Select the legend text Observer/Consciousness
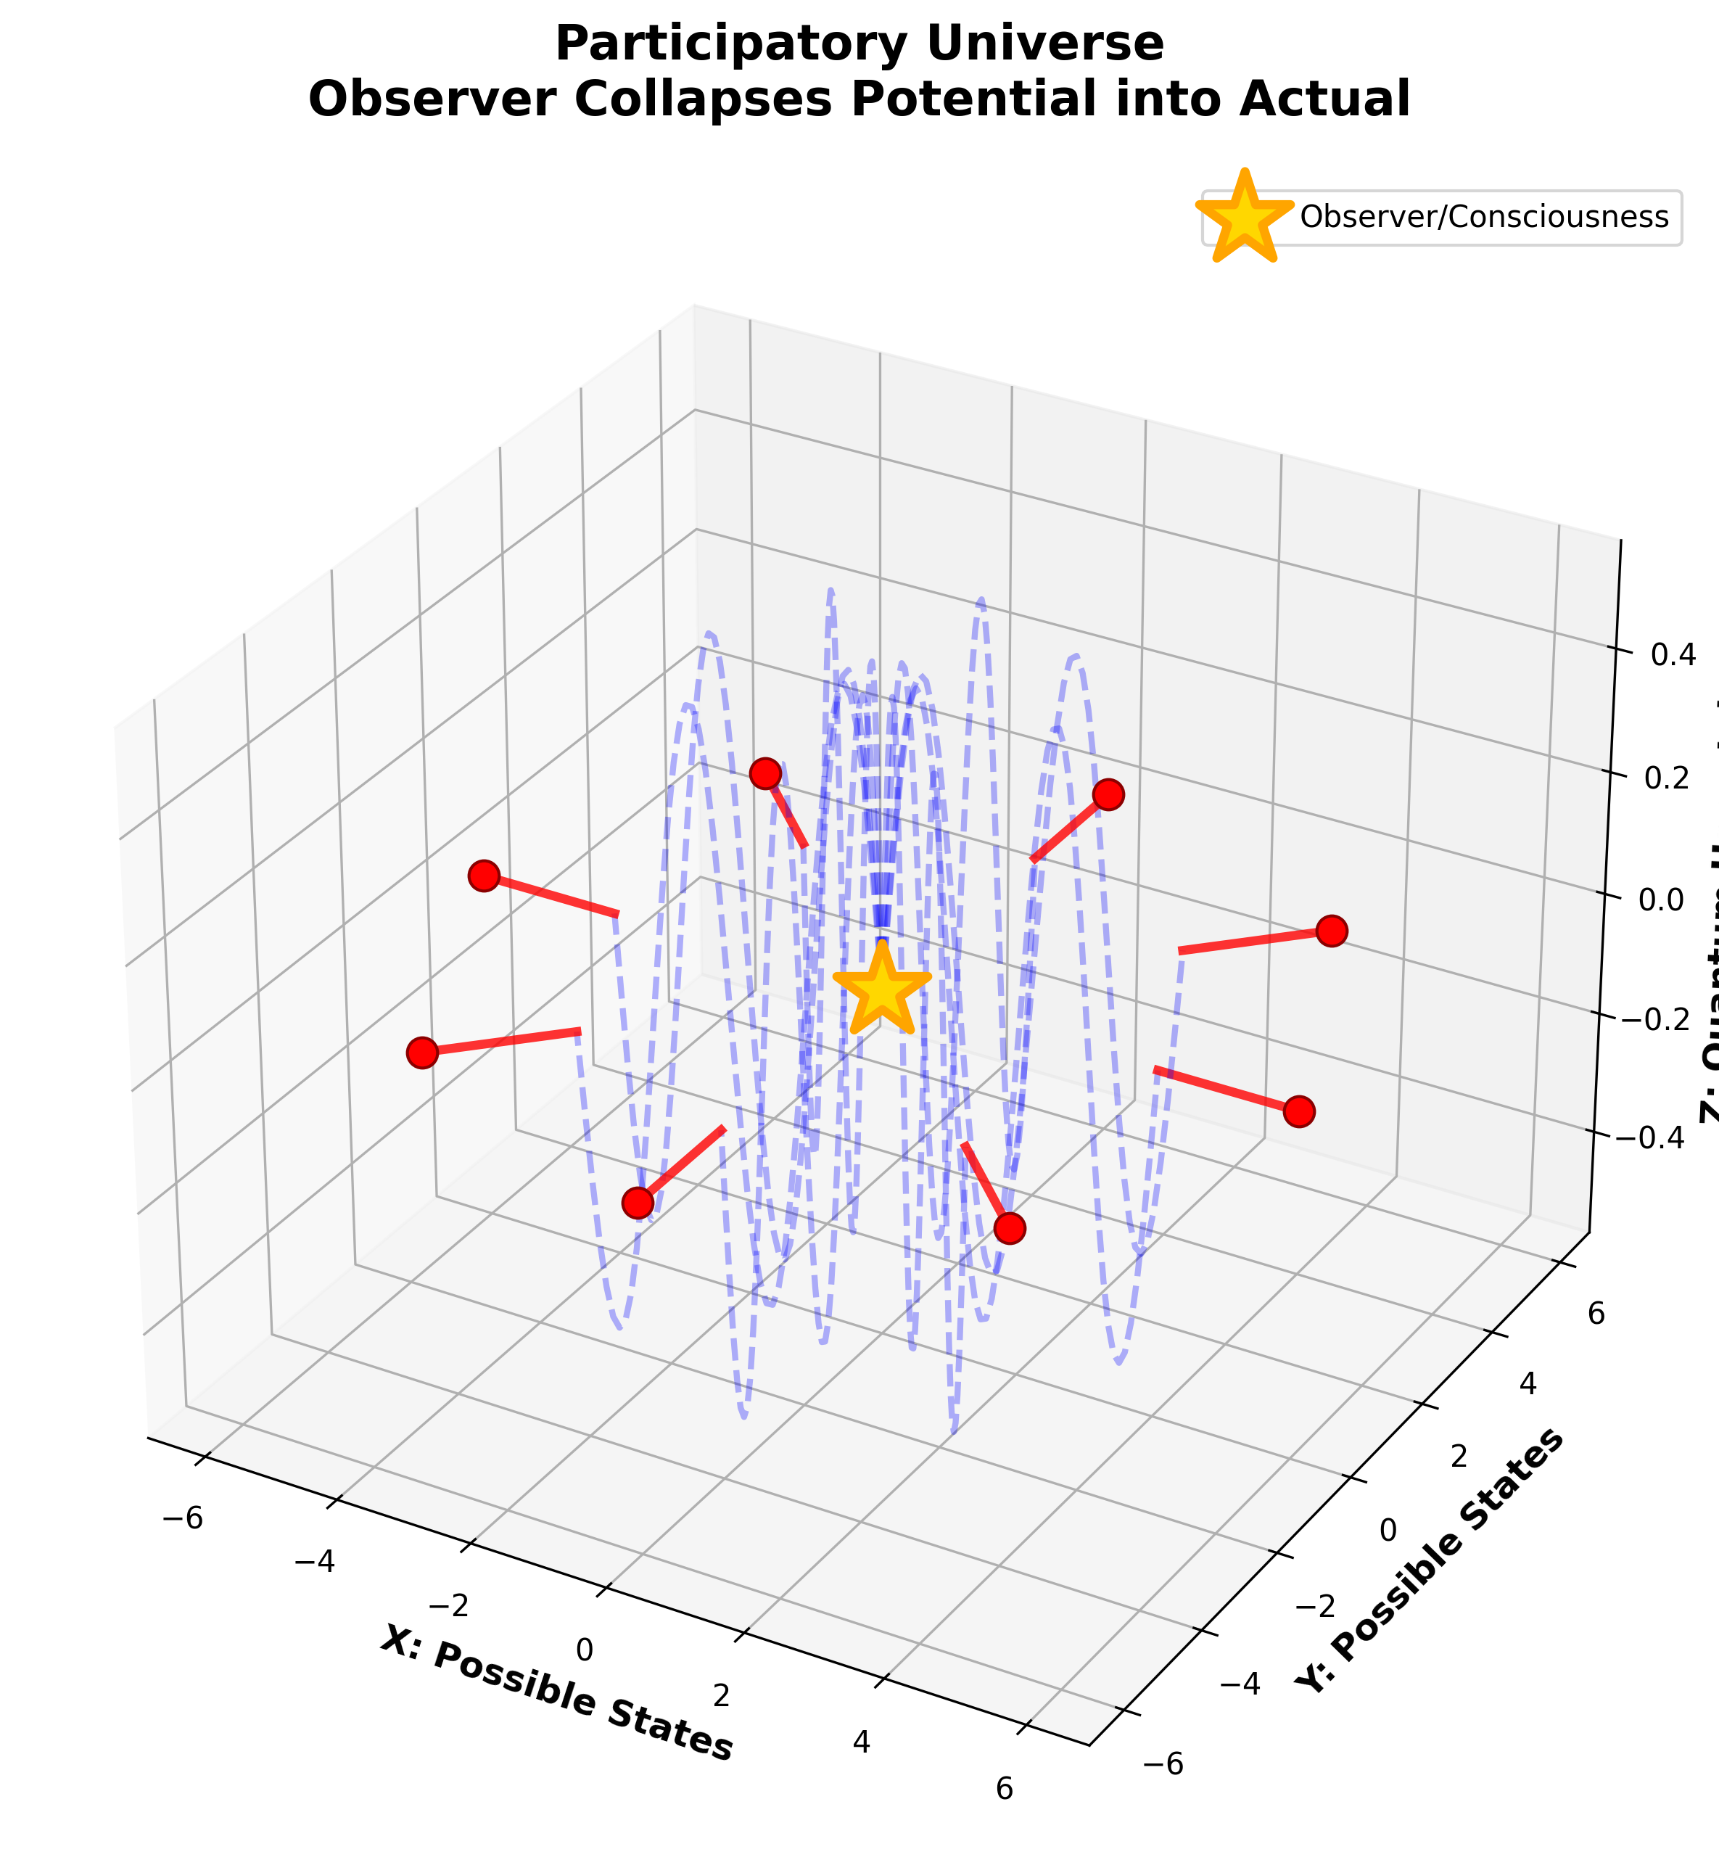point(1484,217)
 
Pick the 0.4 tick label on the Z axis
point(1672,655)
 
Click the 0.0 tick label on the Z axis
point(1672,900)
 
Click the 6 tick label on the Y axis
point(1595,1313)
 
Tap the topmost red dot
point(764,773)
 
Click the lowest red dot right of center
point(1009,1228)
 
